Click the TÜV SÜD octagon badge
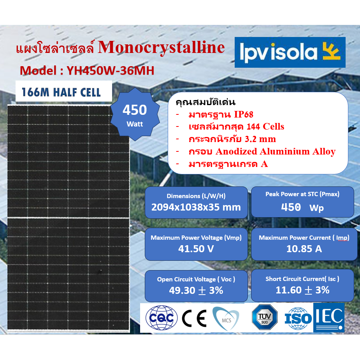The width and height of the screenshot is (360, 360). pyautogui.click(x=265, y=317)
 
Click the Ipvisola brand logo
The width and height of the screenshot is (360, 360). pyautogui.click(x=290, y=53)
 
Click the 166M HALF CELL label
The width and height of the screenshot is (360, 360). pyautogui.click(x=61, y=92)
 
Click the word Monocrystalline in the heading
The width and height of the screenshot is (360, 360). pyautogui.click(x=161, y=47)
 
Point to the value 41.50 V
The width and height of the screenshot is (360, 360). pyautogui.click(x=196, y=249)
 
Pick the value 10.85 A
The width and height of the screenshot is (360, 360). pyautogui.click(x=304, y=249)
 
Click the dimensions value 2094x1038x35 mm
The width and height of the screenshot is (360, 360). pyautogui.click(x=196, y=207)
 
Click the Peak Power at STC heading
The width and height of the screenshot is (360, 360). pyautogui.click(x=302, y=194)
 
